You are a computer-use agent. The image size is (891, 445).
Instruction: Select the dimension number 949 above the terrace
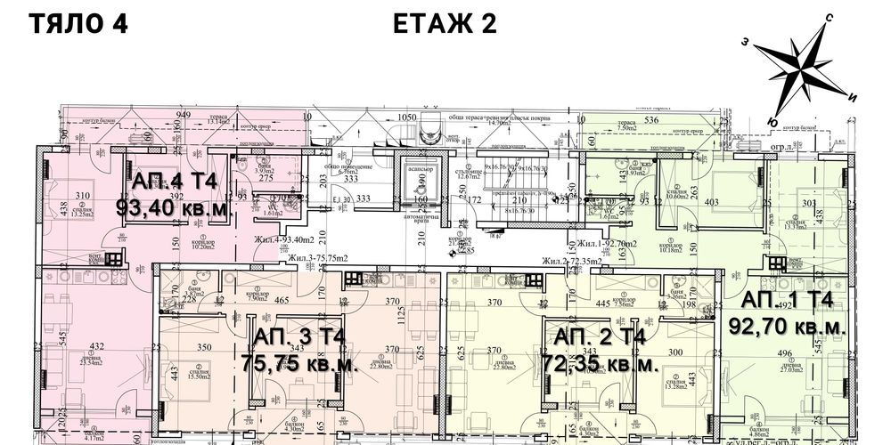[184, 116]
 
